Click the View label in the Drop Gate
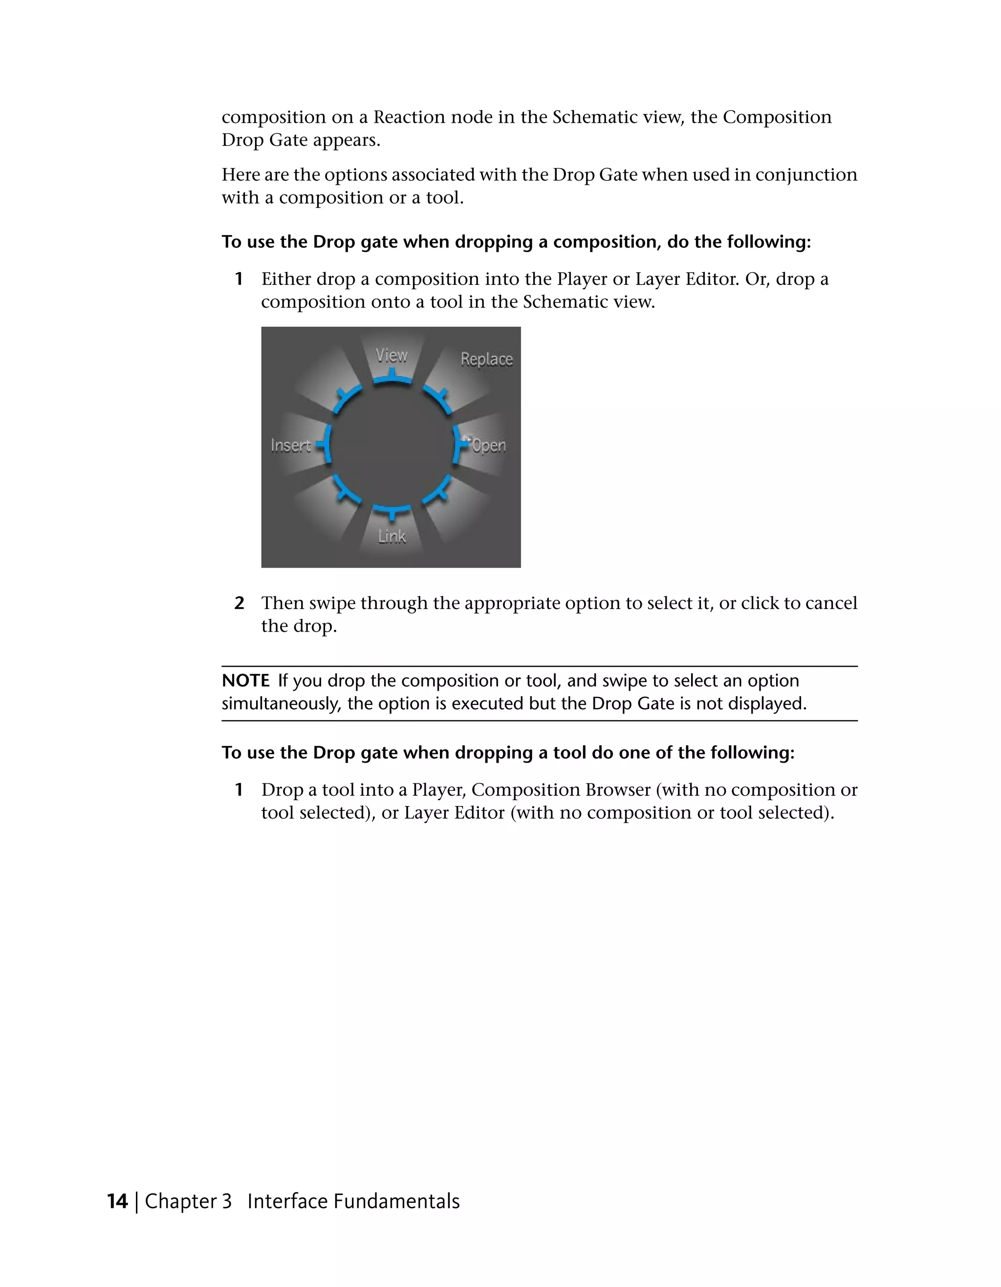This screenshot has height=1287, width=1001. (392, 355)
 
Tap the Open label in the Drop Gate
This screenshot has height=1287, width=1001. (489, 445)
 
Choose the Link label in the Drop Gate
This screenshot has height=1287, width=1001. (392, 536)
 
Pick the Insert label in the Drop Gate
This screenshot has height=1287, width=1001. (290, 445)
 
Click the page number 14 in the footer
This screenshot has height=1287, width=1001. (117, 1201)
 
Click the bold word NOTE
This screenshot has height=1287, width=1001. (245, 680)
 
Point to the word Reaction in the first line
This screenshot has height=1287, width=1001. (409, 117)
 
